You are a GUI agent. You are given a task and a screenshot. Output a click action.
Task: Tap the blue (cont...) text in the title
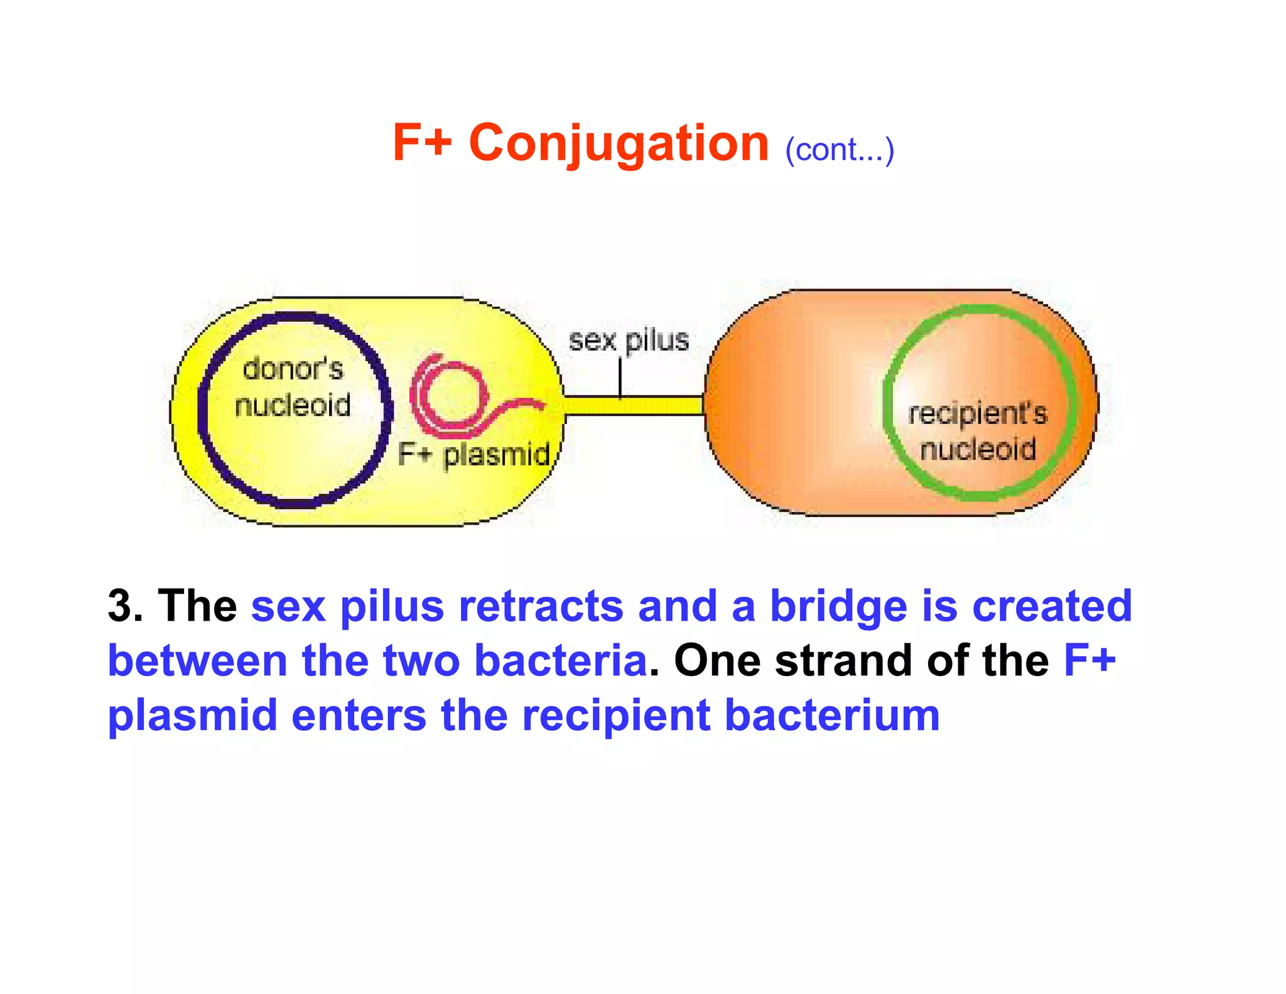pyautogui.click(x=839, y=150)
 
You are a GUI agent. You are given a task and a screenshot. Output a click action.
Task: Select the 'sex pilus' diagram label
pyautogui.click(x=629, y=341)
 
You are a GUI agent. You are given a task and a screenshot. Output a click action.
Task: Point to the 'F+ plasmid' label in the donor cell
pyautogui.click(x=474, y=454)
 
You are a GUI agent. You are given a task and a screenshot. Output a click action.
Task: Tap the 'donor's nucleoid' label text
pyautogui.click(x=293, y=386)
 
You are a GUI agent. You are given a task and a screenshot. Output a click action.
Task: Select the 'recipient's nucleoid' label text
pyautogui.click(x=978, y=431)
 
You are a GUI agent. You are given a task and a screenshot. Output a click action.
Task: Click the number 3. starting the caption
pyautogui.click(x=125, y=606)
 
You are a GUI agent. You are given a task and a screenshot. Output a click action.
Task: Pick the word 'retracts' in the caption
pyautogui.click(x=541, y=606)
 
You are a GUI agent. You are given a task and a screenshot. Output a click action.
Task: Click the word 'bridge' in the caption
pyautogui.click(x=838, y=606)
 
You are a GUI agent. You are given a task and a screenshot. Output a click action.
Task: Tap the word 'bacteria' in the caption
pyautogui.click(x=560, y=661)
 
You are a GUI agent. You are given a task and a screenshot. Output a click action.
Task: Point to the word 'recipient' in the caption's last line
pyautogui.click(x=615, y=716)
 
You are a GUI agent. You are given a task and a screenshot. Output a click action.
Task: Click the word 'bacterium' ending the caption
pyautogui.click(x=832, y=716)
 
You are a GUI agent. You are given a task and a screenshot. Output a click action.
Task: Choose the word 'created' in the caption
pyautogui.click(x=1052, y=606)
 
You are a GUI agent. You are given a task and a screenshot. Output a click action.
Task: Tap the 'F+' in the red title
pyautogui.click(x=422, y=143)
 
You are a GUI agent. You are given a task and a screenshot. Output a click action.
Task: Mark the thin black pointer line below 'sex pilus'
pyautogui.click(x=620, y=377)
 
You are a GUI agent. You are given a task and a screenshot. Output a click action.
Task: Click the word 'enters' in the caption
pyautogui.click(x=359, y=716)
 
